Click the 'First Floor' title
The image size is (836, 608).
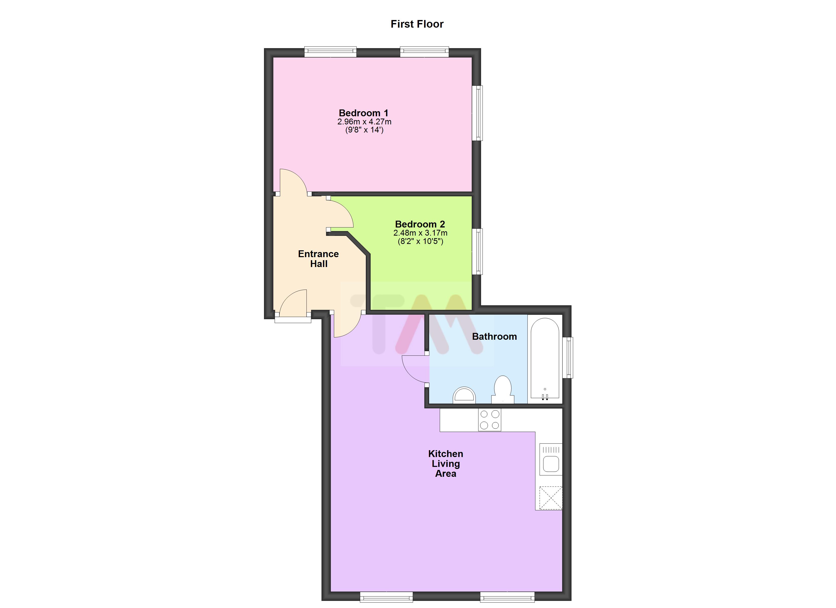(417, 24)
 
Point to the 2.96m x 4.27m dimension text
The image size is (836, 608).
(364, 122)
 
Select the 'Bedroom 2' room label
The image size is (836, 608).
(420, 224)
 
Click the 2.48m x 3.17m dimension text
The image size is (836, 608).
(420, 233)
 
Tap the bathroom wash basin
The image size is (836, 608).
(464, 395)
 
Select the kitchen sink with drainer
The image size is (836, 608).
(551, 459)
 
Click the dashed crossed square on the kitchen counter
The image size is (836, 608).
(551, 498)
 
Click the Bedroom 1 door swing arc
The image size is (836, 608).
(293, 181)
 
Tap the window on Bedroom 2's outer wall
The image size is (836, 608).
(477, 252)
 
